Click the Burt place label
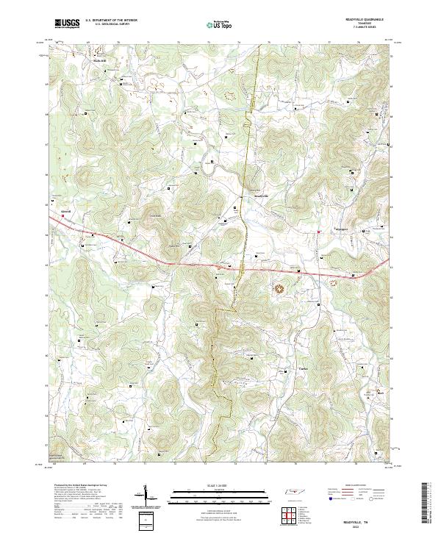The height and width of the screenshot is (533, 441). pos(380,393)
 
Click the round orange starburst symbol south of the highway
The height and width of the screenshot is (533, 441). pos(279,289)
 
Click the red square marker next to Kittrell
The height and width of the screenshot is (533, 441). pos(52,208)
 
